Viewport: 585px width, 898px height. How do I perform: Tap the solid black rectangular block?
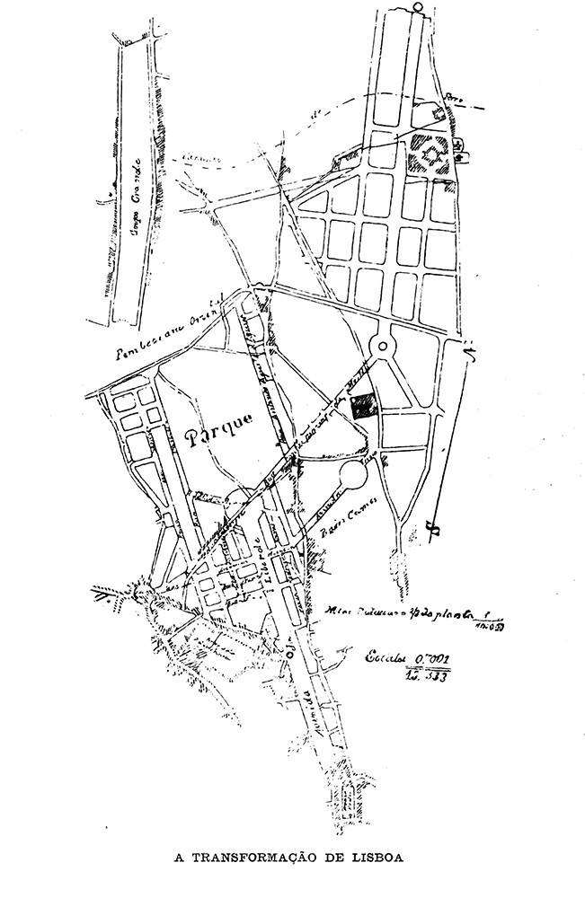point(362,407)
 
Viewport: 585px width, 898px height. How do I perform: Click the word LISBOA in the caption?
point(372,858)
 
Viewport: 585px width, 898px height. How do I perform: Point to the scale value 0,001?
point(430,659)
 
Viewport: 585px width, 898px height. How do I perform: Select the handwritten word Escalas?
point(384,659)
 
